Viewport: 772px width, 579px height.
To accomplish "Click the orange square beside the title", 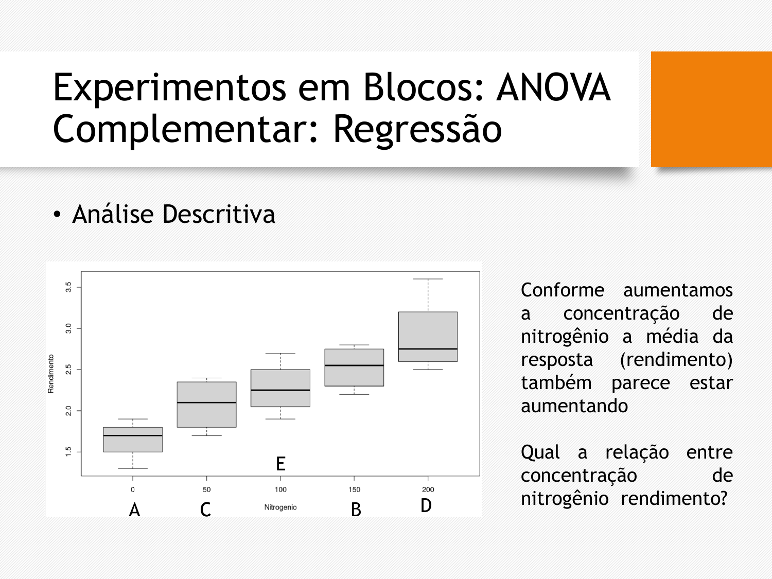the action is pyautogui.click(x=711, y=109).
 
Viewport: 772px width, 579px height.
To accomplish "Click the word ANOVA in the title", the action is pyautogui.click(x=553, y=87).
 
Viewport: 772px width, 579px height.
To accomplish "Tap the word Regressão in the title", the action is pyautogui.click(x=417, y=129).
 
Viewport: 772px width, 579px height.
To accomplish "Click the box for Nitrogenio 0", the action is pyautogui.click(x=133, y=440).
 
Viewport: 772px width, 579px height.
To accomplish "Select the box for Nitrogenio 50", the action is pyautogui.click(x=207, y=405).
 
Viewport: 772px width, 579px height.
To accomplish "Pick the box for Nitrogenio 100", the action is pyautogui.click(x=280, y=388).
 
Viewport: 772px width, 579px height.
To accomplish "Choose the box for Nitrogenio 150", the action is pyautogui.click(x=354, y=367).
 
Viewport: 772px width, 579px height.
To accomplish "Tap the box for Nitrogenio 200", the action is pyautogui.click(x=428, y=337).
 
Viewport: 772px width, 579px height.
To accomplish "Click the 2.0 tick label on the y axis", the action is pyautogui.click(x=68, y=411).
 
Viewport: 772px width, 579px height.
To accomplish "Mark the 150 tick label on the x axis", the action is pyautogui.click(x=354, y=489).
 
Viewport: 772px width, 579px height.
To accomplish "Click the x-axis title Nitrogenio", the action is pyautogui.click(x=280, y=507).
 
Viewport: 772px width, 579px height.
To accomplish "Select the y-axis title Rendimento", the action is pyautogui.click(x=51, y=374).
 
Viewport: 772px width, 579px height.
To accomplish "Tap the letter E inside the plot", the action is pyautogui.click(x=280, y=464).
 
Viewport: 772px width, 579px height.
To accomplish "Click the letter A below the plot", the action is pyautogui.click(x=134, y=510).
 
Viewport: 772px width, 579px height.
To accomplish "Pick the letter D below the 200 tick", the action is pyautogui.click(x=426, y=505).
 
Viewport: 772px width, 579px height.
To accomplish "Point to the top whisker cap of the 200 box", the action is pyautogui.click(x=428, y=279).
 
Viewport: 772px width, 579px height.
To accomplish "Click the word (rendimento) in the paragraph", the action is pyautogui.click(x=676, y=360).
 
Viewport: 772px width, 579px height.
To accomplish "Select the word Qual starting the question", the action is pyautogui.click(x=540, y=452).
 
